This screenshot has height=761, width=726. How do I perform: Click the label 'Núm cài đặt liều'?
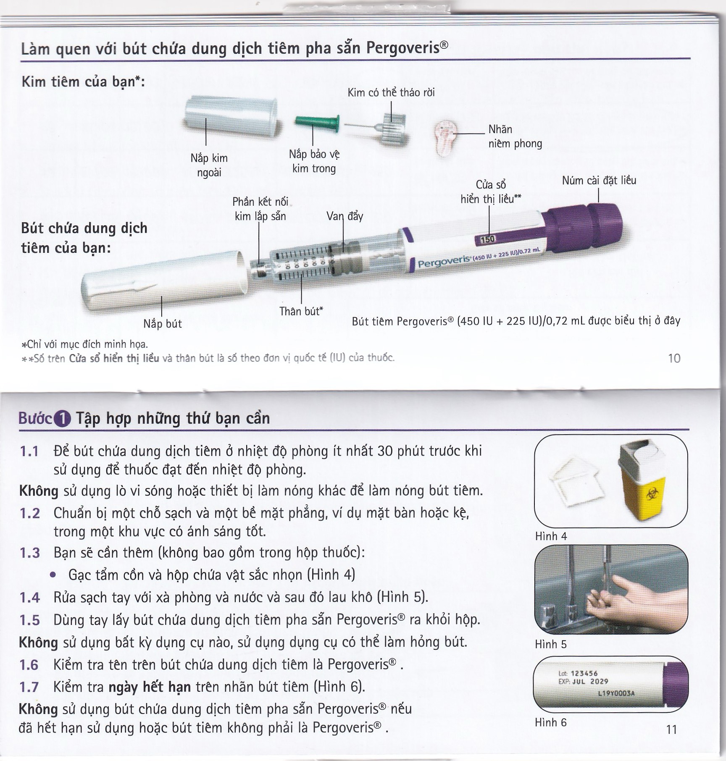click(599, 181)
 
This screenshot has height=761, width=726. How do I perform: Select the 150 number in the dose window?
click(487, 239)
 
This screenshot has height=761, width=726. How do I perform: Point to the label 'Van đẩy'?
click(345, 216)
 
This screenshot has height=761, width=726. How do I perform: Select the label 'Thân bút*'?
click(301, 311)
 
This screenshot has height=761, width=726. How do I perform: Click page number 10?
click(674, 358)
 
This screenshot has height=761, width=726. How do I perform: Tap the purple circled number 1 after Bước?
click(62, 419)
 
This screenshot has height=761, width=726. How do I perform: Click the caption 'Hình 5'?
click(550, 644)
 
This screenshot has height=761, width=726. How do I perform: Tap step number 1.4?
click(30, 598)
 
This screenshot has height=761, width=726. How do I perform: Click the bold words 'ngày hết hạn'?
click(150, 687)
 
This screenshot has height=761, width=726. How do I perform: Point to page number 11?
click(671, 730)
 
